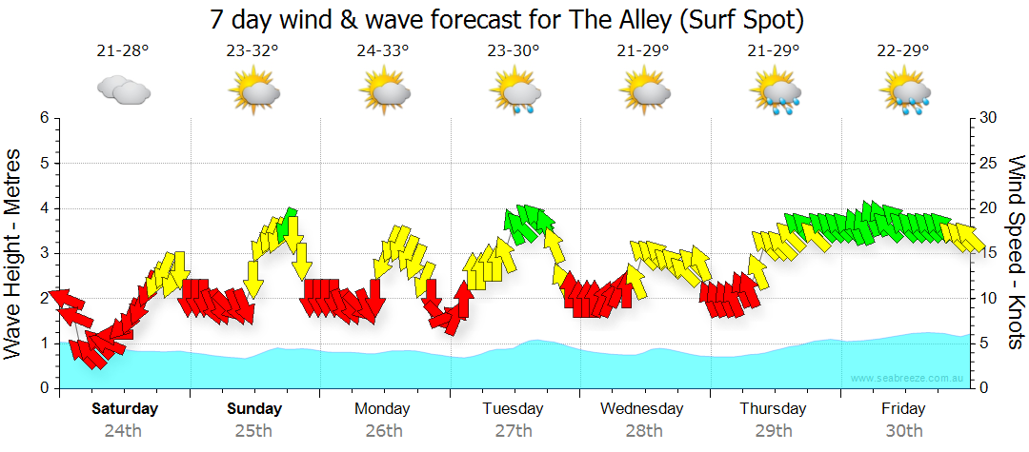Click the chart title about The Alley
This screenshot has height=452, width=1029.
coord(514,18)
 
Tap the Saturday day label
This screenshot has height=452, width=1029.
coord(125,409)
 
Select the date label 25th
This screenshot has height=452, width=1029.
coord(254,430)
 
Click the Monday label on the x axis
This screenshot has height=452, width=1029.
coord(383,409)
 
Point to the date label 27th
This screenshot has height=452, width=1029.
coord(514,430)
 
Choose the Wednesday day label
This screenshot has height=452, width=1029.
coord(642,409)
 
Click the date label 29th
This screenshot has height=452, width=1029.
coord(773,430)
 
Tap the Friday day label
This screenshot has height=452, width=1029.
coord(902,409)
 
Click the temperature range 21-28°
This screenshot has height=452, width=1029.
coord(124,51)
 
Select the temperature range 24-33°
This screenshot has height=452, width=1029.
coord(383,51)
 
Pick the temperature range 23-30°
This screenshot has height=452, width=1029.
coord(514,51)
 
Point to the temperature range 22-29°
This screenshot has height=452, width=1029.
coord(902,51)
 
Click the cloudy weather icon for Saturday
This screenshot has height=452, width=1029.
coord(124,90)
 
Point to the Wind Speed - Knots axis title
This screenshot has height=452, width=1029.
coord(1014,252)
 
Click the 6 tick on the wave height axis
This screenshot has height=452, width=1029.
coord(44,118)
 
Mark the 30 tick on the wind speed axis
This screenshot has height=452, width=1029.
coord(988,118)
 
